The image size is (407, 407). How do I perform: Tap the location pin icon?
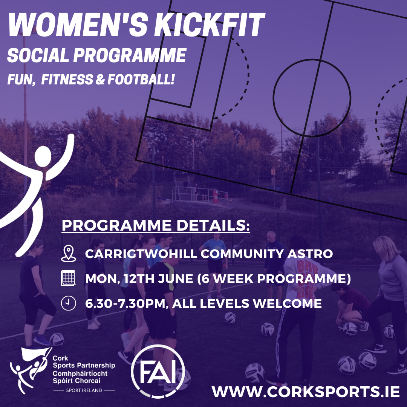click(69, 254)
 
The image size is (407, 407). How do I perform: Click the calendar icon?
click(69, 279)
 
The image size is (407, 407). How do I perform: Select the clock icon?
click(69, 303)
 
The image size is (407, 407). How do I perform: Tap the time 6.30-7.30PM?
click(126, 303)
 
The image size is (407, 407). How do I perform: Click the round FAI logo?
click(158, 371)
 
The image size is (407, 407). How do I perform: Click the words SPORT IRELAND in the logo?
click(84, 390)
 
